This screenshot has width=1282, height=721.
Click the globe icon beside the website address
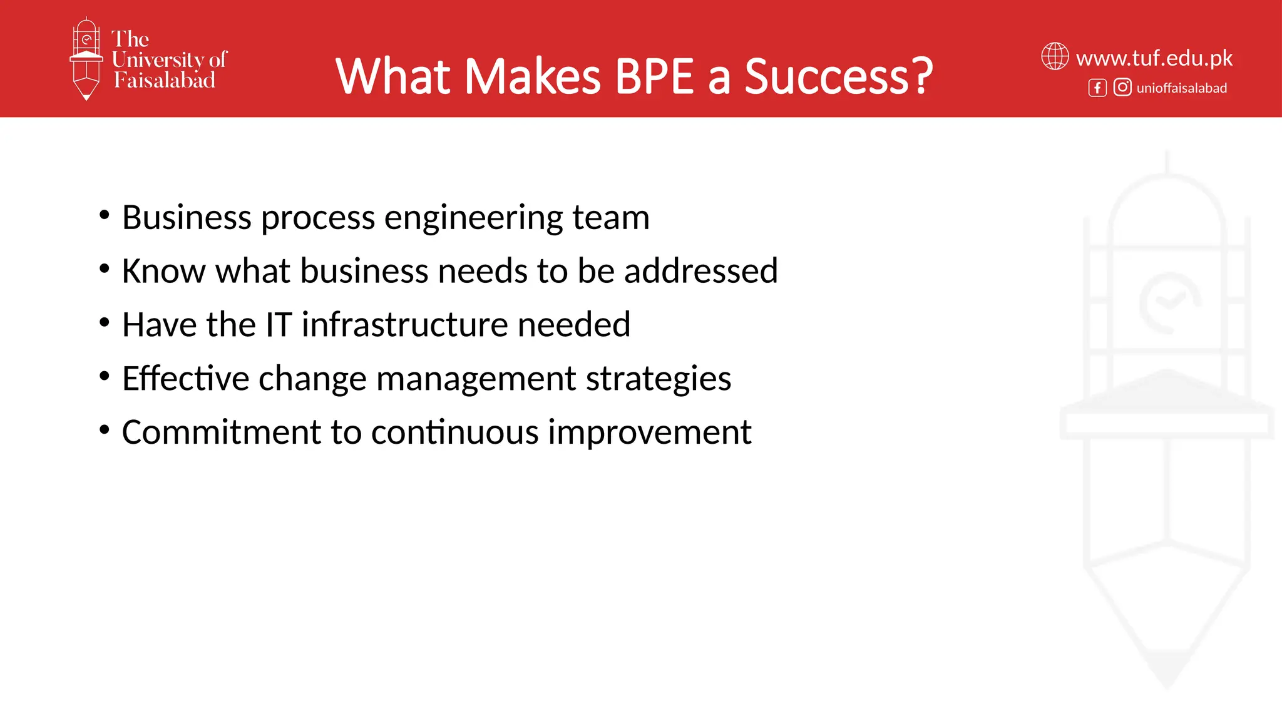[1055, 56]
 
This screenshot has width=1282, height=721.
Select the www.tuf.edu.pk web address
[1154, 58]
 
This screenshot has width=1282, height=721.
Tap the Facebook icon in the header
[1097, 88]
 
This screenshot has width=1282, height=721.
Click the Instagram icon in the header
[1122, 87]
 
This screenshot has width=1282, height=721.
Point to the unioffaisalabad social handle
[1182, 88]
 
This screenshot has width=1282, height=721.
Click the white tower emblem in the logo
[86, 58]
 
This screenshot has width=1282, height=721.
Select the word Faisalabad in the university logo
[165, 80]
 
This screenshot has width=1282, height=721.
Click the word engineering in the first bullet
[473, 218]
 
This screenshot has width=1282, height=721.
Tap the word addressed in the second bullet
[701, 271]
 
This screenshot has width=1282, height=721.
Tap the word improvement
[650, 432]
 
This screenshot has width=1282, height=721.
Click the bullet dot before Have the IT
[105, 323]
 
